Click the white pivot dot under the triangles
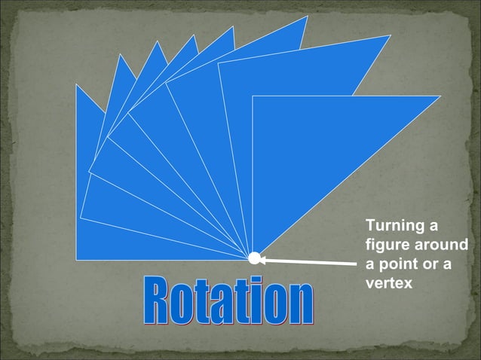(254, 258)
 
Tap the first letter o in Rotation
(182, 305)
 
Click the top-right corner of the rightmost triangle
(440, 96)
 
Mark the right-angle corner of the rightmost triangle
(253, 96)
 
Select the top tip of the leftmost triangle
(76, 84)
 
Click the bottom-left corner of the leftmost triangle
(76, 257)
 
